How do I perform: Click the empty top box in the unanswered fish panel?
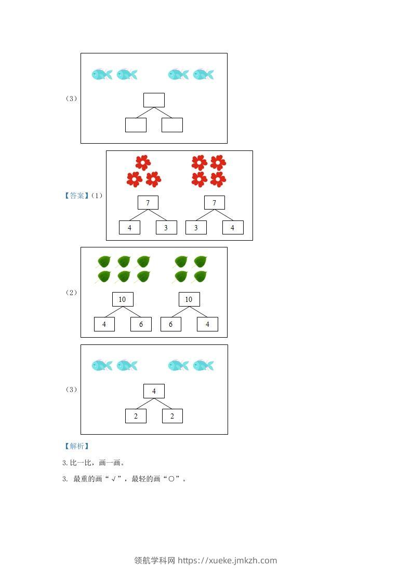[x=154, y=100]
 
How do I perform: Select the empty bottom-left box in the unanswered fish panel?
[x=136, y=125]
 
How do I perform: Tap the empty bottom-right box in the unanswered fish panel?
[x=172, y=125]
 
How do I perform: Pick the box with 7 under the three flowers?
[x=148, y=203]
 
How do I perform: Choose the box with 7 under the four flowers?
[x=215, y=203]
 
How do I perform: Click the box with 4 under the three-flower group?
[x=130, y=228]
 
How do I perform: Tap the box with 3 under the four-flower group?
[x=196, y=228]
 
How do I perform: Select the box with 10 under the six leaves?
[x=123, y=299]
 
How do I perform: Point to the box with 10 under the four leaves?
[x=189, y=299]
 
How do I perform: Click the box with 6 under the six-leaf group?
[x=141, y=324]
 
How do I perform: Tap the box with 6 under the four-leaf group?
[x=171, y=324]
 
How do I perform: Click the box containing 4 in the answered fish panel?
[x=154, y=391]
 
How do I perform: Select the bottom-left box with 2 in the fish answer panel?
[x=136, y=416]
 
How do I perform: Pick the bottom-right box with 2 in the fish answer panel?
[x=172, y=416]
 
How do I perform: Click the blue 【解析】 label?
[x=76, y=446]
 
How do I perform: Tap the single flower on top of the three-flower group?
[x=143, y=162]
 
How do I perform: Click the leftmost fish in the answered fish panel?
[x=102, y=366]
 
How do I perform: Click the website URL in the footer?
[x=227, y=560]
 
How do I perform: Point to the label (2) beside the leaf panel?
[x=71, y=293]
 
